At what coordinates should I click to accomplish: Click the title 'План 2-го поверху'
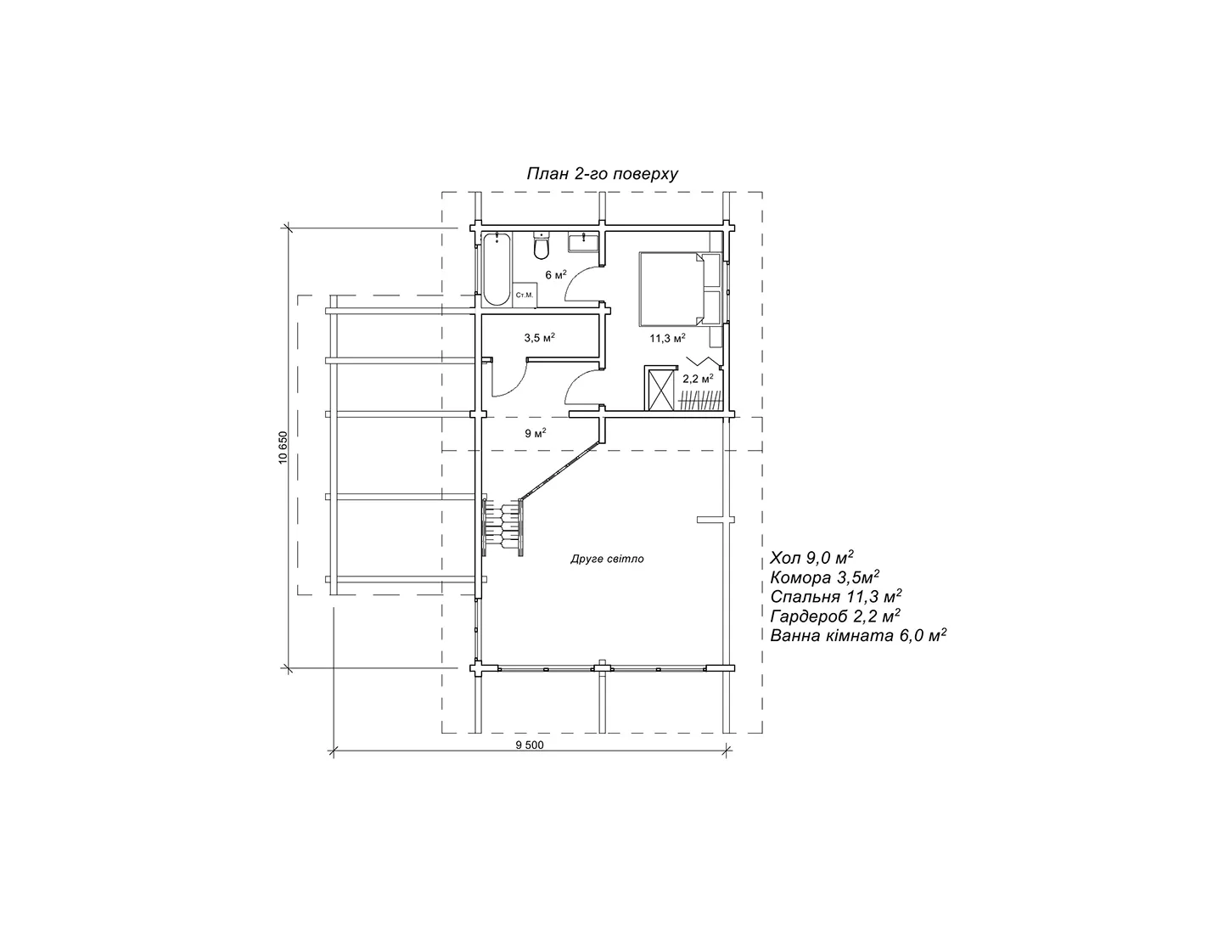[x=602, y=174]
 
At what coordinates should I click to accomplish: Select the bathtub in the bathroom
[x=496, y=270]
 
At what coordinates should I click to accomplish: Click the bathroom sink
[x=582, y=243]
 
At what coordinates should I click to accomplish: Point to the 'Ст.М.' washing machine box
[x=525, y=295]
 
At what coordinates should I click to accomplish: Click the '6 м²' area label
[x=555, y=274]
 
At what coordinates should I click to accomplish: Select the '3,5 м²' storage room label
[x=539, y=337]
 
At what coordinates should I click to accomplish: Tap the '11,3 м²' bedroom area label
[x=668, y=338]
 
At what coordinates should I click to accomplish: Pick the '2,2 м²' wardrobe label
[x=698, y=379]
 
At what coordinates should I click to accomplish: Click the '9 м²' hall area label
[x=536, y=433]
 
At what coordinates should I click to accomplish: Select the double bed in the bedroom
[x=680, y=289]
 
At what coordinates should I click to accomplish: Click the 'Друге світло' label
[x=607, y=559]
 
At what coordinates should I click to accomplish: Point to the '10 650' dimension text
[x=284, y=447]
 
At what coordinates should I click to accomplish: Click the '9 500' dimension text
[x=530, y=746]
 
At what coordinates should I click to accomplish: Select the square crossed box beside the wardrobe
[x=660, y=388]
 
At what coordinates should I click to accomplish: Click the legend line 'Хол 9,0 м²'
[x=811, y=558]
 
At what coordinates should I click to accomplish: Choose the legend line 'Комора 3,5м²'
[x=825, y=577]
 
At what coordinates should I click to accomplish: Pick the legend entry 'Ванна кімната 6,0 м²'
[x=858, y=635]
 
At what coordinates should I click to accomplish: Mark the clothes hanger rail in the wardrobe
[x=701, y=400]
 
